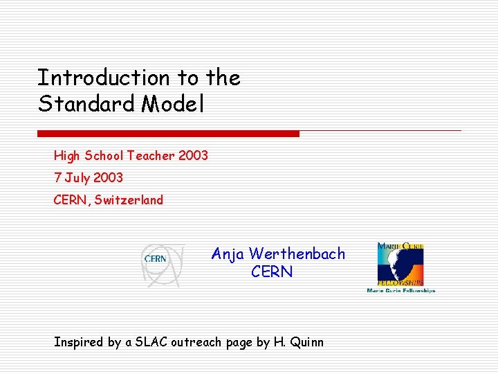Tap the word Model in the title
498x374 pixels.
click(x=173, y=104)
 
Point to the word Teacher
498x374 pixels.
click(x=151, y=156)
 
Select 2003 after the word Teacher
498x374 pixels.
click(x=193, y=156)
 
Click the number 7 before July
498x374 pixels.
click(x=57, y=178)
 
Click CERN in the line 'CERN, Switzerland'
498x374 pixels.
click(x=71, y=200)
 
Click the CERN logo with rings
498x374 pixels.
click(x=163, y=265)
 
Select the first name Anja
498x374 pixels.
click(x=228, y=254)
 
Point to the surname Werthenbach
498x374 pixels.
click(x=297, y=254)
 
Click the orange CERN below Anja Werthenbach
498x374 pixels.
click(x=272, y=272)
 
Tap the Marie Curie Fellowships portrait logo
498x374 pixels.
click(x=400, y=267)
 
